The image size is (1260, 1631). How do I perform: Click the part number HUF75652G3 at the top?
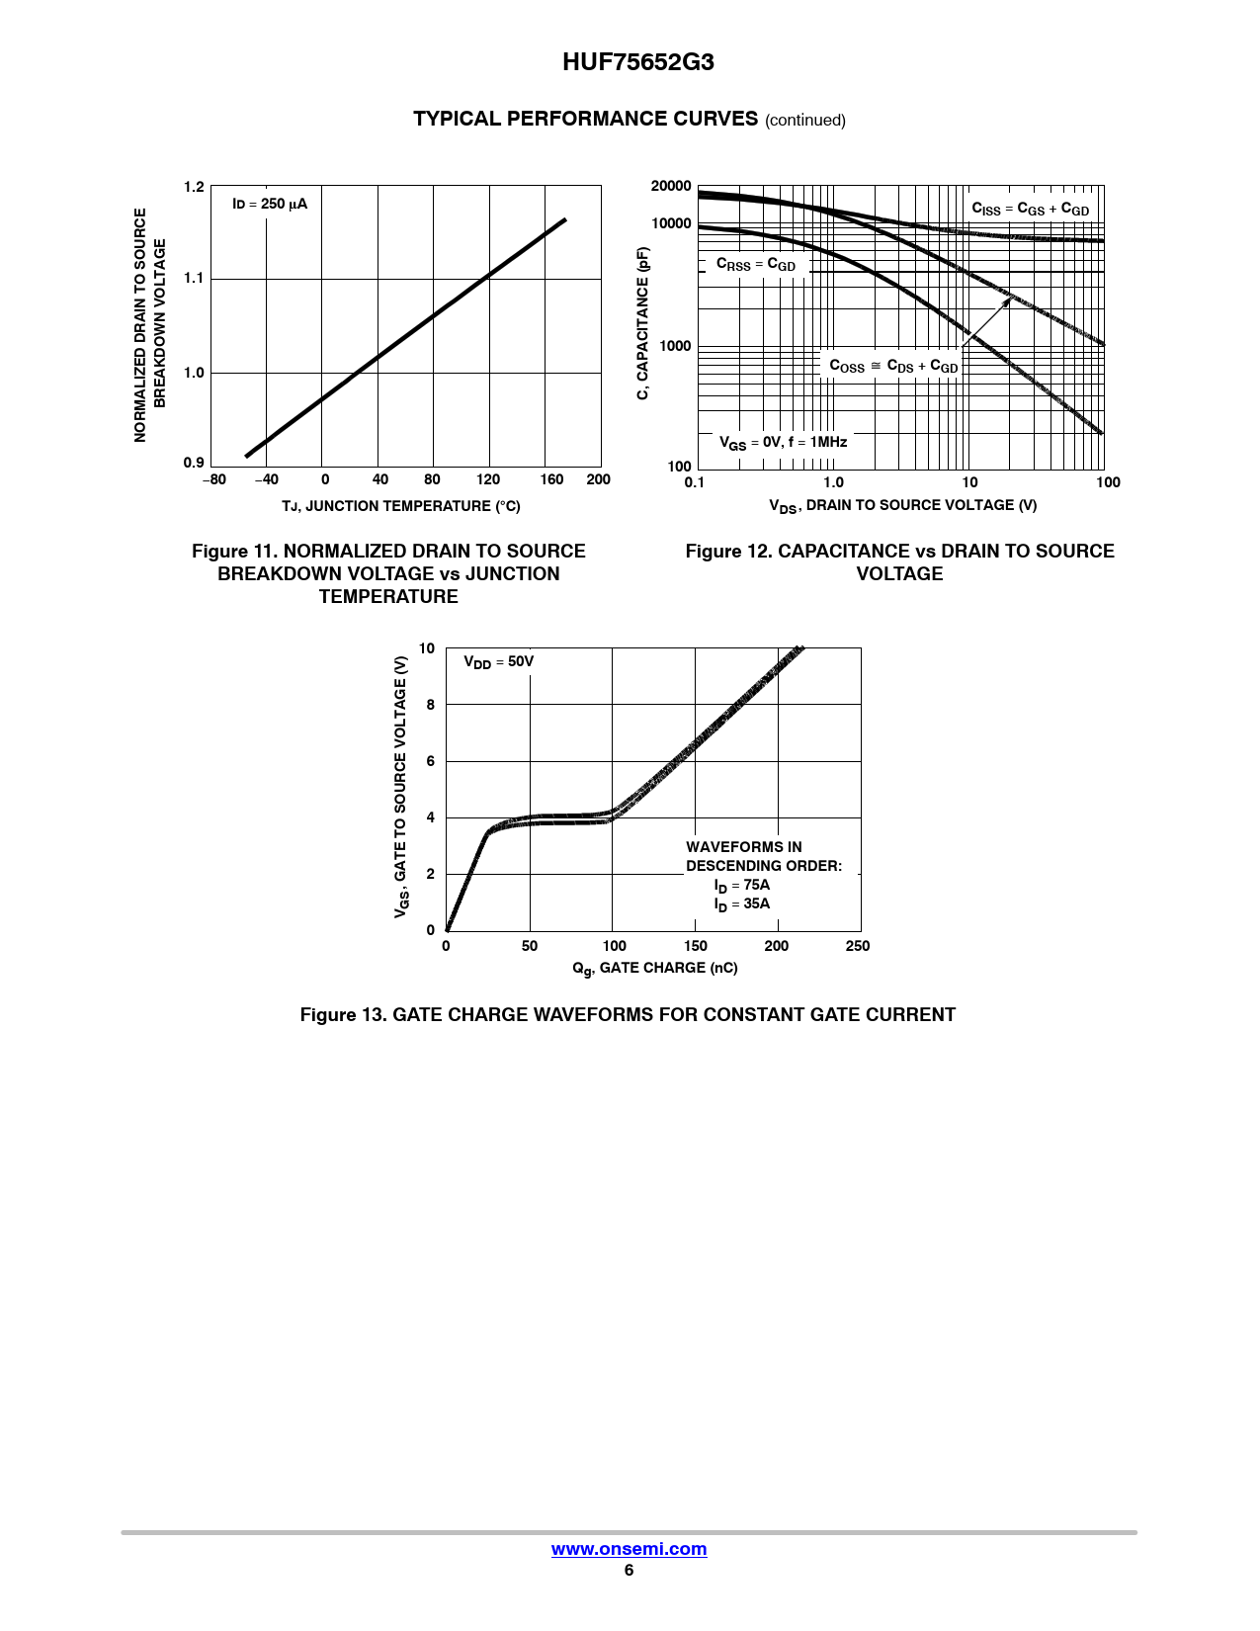pos(637,62)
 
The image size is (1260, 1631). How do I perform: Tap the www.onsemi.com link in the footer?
pos(629,1549)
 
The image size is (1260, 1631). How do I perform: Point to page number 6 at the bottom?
pos(629,1570)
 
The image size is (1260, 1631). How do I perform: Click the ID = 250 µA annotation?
pos(270,205)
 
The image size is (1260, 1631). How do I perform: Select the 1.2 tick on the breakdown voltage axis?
pos(194,187)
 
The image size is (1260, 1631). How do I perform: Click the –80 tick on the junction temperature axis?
pos(214,479)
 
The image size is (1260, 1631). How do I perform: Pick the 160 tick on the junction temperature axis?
pos(551,479)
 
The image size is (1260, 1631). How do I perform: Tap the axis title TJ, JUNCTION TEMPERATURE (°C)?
pos(401,506)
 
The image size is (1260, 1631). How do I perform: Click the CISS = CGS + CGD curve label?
pos(1030,209)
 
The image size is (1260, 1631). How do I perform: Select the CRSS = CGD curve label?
pos(756,265)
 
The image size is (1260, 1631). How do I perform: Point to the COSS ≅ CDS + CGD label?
pos(893,366)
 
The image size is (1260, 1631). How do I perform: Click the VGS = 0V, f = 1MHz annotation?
pos(783,443)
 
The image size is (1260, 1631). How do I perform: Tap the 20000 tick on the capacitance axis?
pos(671,186)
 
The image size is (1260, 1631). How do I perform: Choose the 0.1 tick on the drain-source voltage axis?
pos(695,482)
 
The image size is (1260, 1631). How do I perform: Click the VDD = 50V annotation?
pos(498,661)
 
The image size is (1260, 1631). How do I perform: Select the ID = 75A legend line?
pos(742,886)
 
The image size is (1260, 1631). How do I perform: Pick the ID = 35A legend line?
pos(742,904)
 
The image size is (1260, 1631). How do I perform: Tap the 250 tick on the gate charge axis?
pos(858,946)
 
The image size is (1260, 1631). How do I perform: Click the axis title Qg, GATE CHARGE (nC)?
pos(655,969)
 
